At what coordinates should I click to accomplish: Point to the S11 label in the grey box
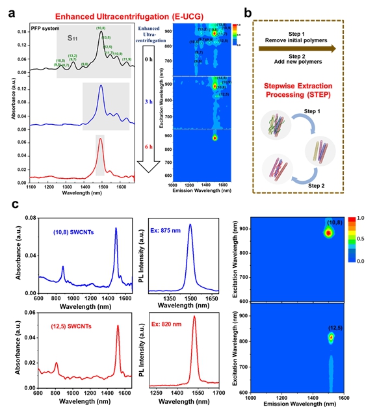pos(77,38)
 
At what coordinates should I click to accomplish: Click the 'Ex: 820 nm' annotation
pos(177,325)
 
